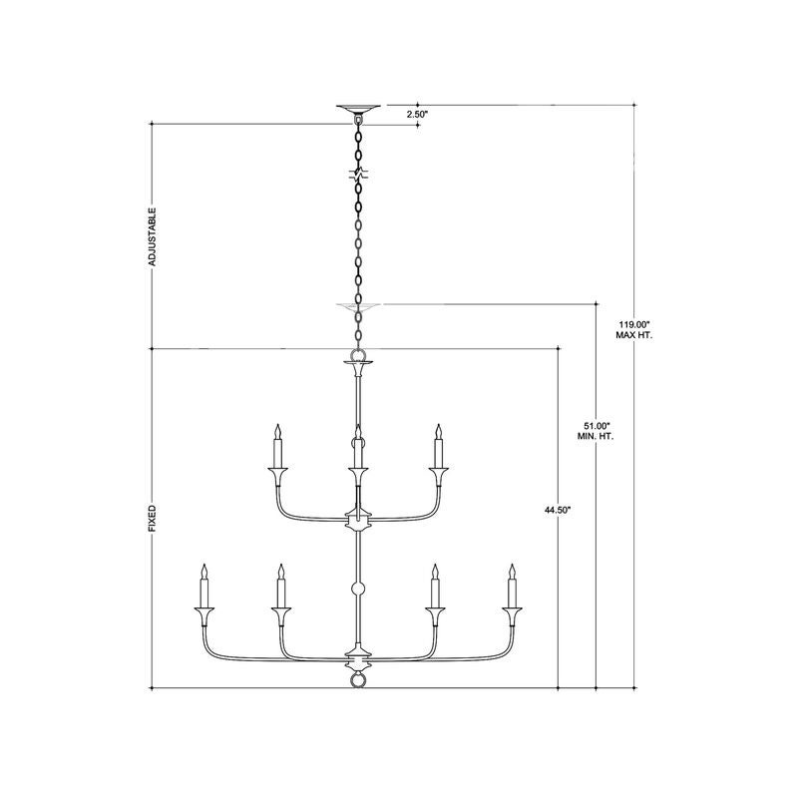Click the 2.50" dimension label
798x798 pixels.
click(x=417, y=114)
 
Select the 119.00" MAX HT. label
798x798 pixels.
click(x=634, y=330)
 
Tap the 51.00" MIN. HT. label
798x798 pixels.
click(x=596, y=431)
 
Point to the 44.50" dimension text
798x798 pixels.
click(x=559, y=510)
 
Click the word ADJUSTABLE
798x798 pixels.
click(x=153, y=236)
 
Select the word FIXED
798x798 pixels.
click(x=153, y=519)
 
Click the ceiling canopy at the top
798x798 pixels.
click(x=358, y=110)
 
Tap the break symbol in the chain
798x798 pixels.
click(x=358, y=174)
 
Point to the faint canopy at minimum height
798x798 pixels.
click(x=359, y=307)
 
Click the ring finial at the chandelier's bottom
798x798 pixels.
click(x=358, y=680)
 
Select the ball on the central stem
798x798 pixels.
click(x=358, y=590)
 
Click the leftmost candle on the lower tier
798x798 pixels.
click(x=204, y=586)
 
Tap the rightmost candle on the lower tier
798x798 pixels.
click(x=512, y=586)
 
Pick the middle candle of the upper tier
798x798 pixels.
click(x=358, y=445)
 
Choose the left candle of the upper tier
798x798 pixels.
click(x=278, y=445)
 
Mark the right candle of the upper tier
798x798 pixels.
click(x=438, y=445)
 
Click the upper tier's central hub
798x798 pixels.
click(x=358, y=520)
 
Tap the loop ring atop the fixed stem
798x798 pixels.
click(x=358, y=355)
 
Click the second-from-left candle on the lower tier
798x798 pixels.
click(x=280, y=586)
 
